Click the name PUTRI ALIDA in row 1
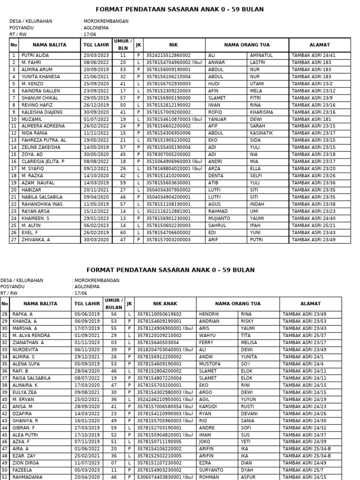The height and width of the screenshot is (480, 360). tap(35, 55)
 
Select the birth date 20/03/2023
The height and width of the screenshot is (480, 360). tap(96, 55)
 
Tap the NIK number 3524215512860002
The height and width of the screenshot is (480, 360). tap(168, 55)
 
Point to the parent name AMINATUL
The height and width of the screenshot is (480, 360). tap(262, 55)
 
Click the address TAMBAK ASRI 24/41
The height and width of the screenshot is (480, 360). tap(314, 55)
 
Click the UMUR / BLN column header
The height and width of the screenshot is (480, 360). tap(123, 45)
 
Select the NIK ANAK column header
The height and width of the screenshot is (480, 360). tap(167, 304)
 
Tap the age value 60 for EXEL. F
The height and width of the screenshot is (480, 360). tap(123, 232)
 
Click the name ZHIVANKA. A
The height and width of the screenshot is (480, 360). tap(36, 240)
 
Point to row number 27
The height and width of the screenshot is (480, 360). tap(14, 240)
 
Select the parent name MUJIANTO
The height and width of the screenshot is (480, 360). tap(219, 218)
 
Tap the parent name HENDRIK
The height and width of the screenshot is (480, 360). tap(209, 314)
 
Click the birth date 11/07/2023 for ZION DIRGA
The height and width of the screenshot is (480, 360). tap(87, 463)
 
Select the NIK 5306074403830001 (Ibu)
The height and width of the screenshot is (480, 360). tap(165, 477)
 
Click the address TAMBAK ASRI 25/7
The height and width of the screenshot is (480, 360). tap(302, 470)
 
